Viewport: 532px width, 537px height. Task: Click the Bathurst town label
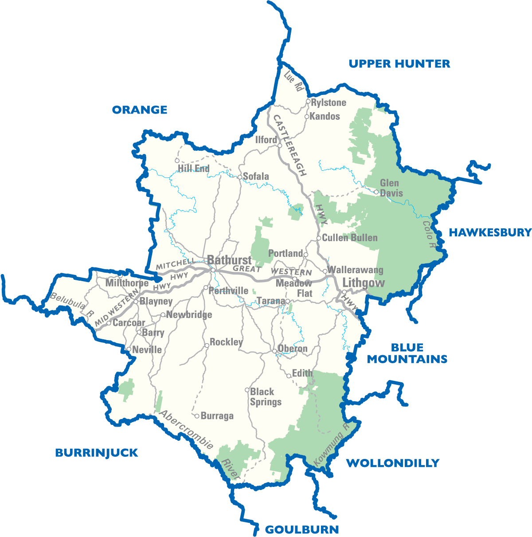point(229,260)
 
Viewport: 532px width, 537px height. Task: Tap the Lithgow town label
point(364,282)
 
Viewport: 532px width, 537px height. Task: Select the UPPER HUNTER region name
point(399,64)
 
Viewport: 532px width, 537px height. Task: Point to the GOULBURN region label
point(302,529)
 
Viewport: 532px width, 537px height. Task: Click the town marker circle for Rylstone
point(308,102)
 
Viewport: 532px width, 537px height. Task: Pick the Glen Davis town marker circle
point(376,192)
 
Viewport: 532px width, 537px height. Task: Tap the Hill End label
point(193,169)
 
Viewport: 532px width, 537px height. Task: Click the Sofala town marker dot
point(239,177)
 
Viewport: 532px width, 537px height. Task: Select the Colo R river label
point(428,231)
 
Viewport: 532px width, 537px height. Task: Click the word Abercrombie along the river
point(187,429)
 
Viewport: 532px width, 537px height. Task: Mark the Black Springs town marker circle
point(247,390)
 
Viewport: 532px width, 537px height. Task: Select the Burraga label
point(217,416)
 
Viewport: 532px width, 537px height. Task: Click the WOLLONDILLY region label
point(392,463)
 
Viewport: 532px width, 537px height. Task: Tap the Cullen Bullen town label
point(349,238)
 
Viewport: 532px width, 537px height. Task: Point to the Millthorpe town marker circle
point(120,276)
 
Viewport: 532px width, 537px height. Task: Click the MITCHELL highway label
point(176,264)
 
